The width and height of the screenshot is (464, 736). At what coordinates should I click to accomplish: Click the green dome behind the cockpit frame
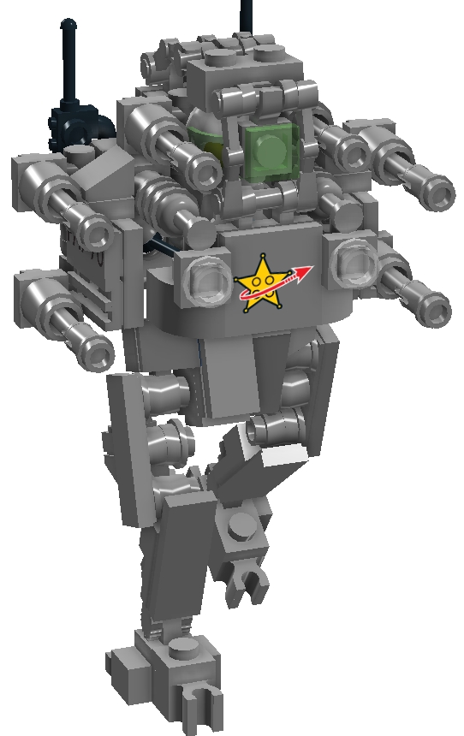pos(205,141)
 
